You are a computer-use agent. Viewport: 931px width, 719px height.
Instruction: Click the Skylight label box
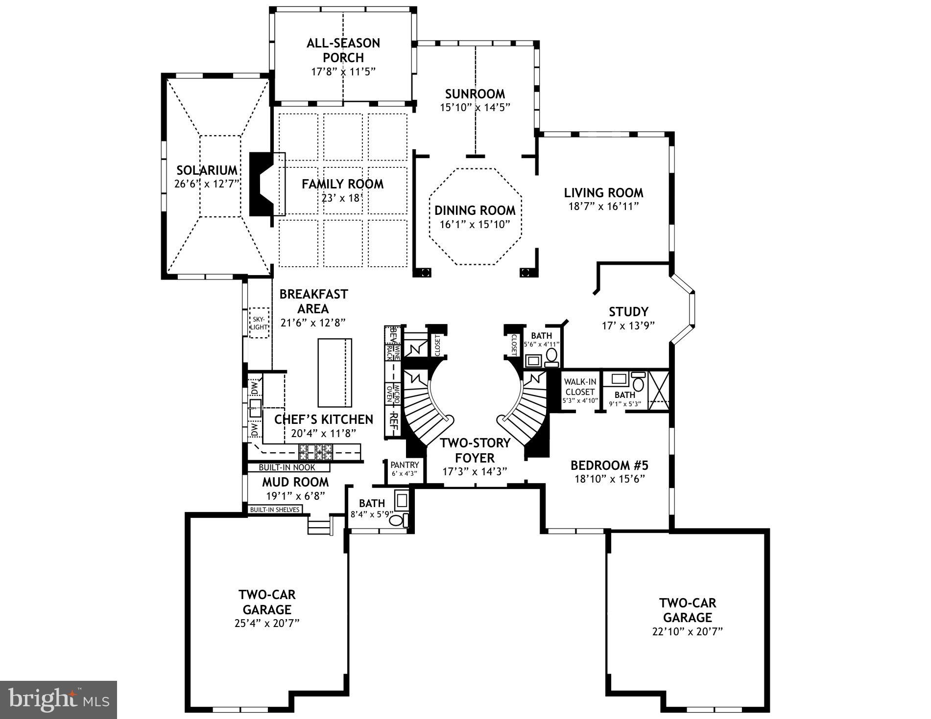[259, 323]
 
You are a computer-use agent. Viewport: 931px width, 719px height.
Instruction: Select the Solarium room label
[207, 170]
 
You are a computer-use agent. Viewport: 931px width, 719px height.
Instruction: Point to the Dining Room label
[475, 210]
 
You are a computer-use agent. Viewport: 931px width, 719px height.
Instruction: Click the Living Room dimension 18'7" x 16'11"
[603, 206]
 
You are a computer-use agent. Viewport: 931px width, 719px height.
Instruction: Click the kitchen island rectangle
[335, 372]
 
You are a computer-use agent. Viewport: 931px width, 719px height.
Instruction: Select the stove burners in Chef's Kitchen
[316, 451]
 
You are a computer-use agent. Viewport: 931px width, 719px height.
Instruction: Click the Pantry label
[405, 465]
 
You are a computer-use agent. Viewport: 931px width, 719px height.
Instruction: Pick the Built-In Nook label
[287, 467]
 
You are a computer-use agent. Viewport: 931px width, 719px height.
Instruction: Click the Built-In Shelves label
[274, 510]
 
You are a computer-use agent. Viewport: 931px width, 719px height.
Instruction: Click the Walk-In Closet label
[579, 387]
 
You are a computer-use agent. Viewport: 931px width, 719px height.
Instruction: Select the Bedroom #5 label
[609, 464]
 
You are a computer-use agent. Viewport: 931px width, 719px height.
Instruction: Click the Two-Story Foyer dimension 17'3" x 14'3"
[475, 471]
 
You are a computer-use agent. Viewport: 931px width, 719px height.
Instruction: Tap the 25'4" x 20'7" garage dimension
[267, 623]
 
